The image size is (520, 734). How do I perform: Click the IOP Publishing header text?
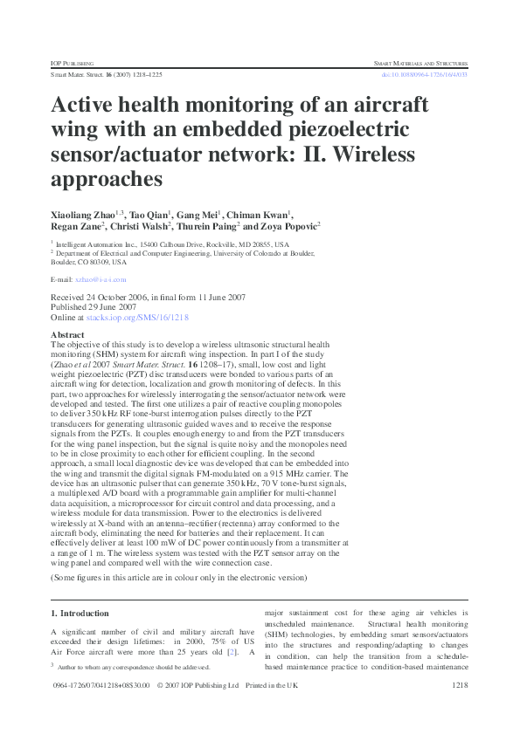69,64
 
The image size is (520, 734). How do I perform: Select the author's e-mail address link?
101,279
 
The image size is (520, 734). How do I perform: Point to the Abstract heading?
68,334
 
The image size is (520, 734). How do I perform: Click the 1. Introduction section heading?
80,614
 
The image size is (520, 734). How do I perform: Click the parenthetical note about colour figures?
180,578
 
